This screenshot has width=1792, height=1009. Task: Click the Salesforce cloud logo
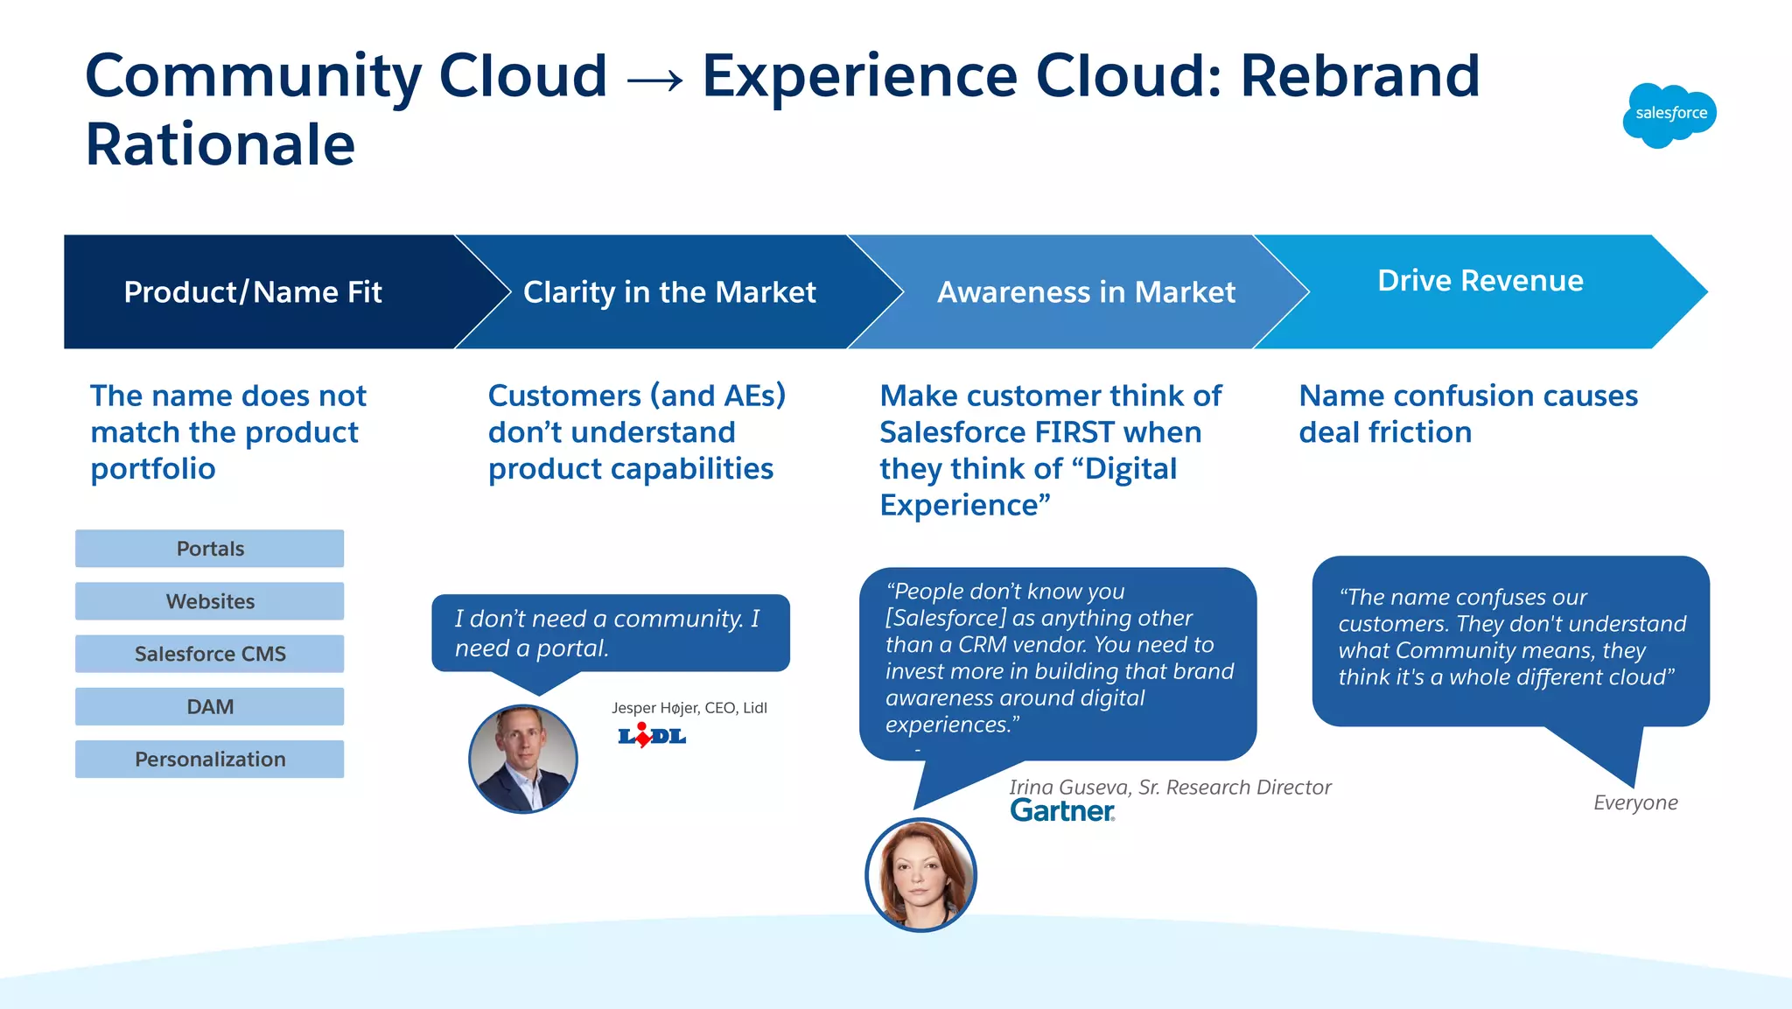[x=1669, y=115]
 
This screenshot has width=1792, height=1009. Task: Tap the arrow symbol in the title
[x=654, y=80]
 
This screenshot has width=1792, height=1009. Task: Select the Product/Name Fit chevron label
[x=253, y=292]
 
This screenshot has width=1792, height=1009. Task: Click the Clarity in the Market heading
[x=669, y=292]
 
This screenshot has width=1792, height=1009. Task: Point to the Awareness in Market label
[x=1086, y=292]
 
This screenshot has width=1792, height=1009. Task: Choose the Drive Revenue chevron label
[x=1480, y=281]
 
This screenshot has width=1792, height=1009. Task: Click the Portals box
[x=210, y=549]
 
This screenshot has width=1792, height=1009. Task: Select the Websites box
[x=210, y=601]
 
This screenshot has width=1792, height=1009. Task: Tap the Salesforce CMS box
[x=210, y=654]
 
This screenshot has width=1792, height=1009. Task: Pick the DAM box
[x=210, y=706]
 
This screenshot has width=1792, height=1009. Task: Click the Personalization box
[x=210, y=759]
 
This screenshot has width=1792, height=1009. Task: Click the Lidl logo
[x=652, y=736]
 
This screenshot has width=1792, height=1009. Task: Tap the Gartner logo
[x=1062, y=811]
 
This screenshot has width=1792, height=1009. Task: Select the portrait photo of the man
[x=523, y=759]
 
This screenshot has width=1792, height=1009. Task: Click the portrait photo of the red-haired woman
[x=920, y=874]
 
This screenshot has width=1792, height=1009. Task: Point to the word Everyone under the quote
[x=1634, y=802]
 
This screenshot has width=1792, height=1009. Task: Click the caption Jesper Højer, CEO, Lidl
[x=689, y=708]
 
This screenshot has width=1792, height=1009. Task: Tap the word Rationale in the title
[x=220, y=144]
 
